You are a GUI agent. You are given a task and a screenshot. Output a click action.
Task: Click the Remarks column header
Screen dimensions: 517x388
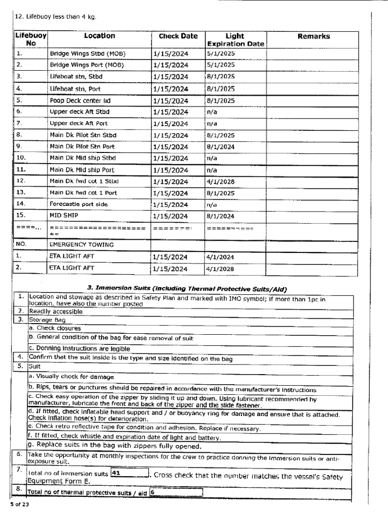[313, 36]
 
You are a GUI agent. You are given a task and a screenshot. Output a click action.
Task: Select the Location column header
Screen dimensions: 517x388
[100, 36]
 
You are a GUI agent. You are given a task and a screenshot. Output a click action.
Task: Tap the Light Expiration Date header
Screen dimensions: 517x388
[235, 40]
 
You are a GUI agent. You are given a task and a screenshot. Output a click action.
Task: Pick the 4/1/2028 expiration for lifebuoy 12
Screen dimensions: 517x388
[220, 181]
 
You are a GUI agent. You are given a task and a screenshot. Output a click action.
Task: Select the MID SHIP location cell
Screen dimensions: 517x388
[60, 216]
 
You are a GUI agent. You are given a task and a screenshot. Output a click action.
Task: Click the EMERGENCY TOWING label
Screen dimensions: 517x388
[81, 245]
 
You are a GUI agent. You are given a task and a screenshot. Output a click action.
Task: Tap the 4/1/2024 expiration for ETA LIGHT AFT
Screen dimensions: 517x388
[220, 257]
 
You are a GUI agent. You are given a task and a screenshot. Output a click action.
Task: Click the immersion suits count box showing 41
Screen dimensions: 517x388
[129, 474]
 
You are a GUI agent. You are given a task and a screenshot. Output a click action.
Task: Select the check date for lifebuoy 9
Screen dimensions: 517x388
[170, 147]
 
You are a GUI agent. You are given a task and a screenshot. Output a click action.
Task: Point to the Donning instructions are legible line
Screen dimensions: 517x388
[79, 348]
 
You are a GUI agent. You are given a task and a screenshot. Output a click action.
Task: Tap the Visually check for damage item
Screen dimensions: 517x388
[71, 377]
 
